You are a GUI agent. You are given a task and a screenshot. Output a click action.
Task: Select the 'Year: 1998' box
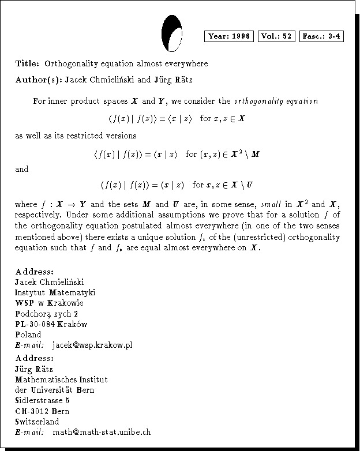(230, 36)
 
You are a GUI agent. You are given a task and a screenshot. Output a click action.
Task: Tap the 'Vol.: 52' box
(276, 36)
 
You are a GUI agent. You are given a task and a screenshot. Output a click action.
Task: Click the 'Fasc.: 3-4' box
(322, 36)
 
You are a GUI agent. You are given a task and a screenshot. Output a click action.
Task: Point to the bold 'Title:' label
(28, 63)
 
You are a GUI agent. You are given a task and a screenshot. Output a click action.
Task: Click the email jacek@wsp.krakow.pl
(92, 345)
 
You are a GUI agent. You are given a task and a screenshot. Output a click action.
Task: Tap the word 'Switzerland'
(36, 421)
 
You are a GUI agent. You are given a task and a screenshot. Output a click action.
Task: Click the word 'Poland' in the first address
(28, 335)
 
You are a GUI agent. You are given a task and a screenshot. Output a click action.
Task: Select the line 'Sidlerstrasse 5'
(43, 400)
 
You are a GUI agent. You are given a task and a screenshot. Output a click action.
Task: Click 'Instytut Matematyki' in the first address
(55, 292)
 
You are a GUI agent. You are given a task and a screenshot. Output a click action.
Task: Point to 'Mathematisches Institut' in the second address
(62, 379)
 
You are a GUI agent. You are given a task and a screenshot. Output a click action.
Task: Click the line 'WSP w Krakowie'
(50, 303)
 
